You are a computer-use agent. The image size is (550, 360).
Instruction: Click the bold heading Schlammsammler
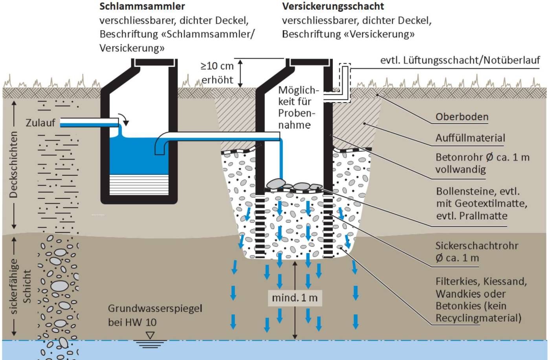click(x=142, y=6)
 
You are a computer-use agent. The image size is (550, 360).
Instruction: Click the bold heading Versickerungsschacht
click(x=333, y=6)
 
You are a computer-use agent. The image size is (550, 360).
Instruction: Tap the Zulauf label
click(x=40, y=123)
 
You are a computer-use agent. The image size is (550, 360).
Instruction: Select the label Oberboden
click(x=462, y=117)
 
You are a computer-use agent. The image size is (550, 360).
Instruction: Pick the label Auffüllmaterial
click(x=470, y=138)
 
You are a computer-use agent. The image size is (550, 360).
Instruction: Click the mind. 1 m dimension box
click(x=295, y=298)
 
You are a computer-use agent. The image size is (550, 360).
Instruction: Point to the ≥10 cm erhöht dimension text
click(x=217, y=73)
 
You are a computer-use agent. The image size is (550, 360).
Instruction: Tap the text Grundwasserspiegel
click(x=155, y=309)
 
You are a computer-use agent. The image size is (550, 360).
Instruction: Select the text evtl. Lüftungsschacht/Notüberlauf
click(x=460, y=60)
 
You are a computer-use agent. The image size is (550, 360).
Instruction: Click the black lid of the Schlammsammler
click(x=154, y=62)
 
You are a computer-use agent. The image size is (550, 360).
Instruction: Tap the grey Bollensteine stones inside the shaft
click(x=293, y=185)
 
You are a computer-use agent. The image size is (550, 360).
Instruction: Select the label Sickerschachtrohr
click(x=477, y=246)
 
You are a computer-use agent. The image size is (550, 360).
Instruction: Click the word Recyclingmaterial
click(x=478, y=318)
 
